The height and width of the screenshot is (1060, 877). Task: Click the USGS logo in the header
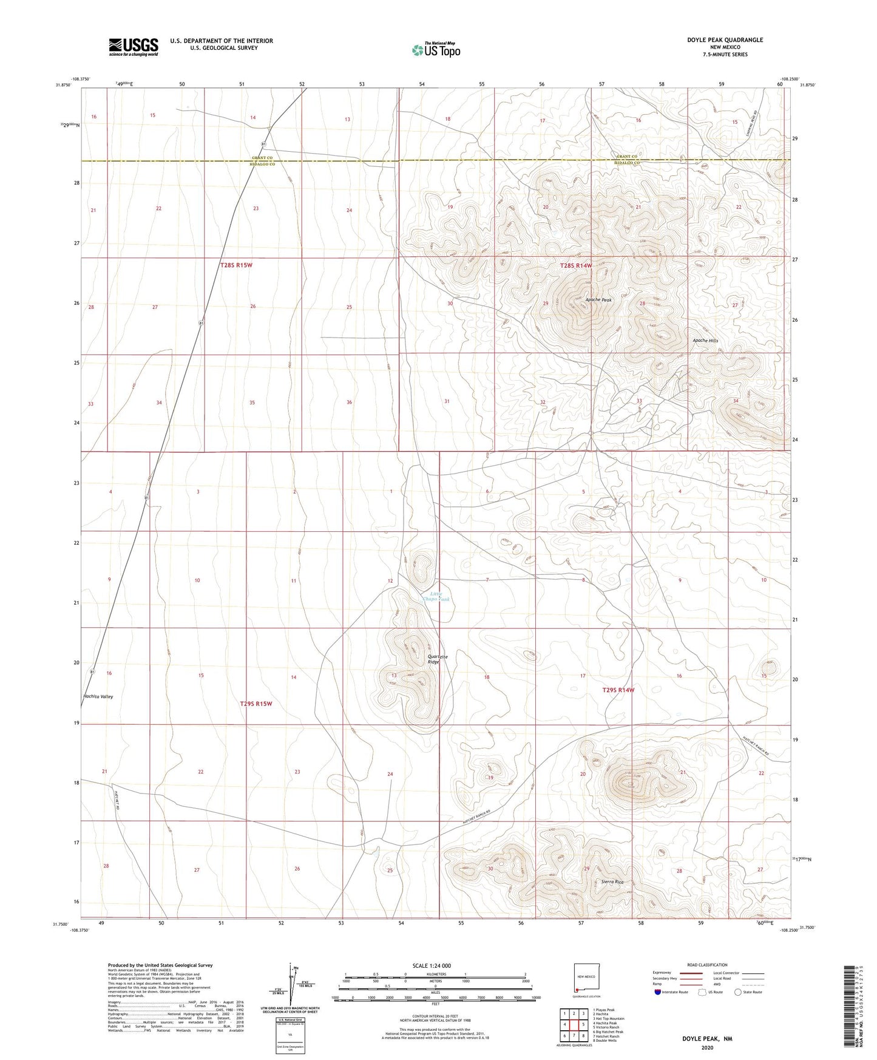[x=134, y=46]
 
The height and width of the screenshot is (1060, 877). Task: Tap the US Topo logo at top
[x=435, y=50]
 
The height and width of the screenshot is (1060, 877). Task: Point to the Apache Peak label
[x=598, y=300]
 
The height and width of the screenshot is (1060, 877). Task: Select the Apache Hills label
[x=705, y=341]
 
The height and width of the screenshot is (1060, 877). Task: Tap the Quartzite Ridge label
[x=433, y=659]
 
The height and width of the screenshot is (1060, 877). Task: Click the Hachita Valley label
[x=98, y=696]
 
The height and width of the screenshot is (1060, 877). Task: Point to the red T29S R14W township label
[x=618, y=690]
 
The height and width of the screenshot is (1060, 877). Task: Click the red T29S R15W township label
[x=256, y=704]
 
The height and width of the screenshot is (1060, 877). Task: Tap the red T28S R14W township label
[x=575, y=265]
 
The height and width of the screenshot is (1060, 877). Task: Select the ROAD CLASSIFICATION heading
[x=707, y=965]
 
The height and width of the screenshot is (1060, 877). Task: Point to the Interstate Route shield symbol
[x=659, y=992]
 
